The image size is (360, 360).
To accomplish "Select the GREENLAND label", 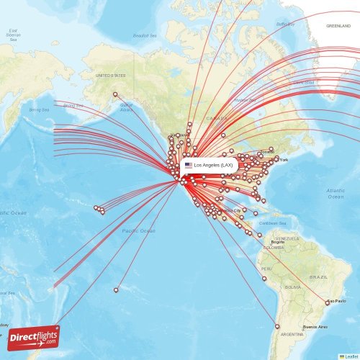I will click(338, 26).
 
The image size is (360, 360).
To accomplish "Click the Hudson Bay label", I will click(246, 100).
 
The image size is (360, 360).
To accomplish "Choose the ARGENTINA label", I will click(292, 335).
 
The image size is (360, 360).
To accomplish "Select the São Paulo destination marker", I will click(328, 303).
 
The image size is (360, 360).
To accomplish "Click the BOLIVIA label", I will click(293, 287).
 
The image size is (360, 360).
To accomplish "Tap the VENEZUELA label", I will click(287, 238).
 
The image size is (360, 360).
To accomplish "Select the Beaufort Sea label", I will click(145, 35).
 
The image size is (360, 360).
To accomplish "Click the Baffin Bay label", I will click(286, 24).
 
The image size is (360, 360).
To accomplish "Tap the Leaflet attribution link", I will click(350, 356).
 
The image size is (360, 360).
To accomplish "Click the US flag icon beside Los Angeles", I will click(189, 166).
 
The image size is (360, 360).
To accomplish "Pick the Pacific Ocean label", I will click(138, 230).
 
